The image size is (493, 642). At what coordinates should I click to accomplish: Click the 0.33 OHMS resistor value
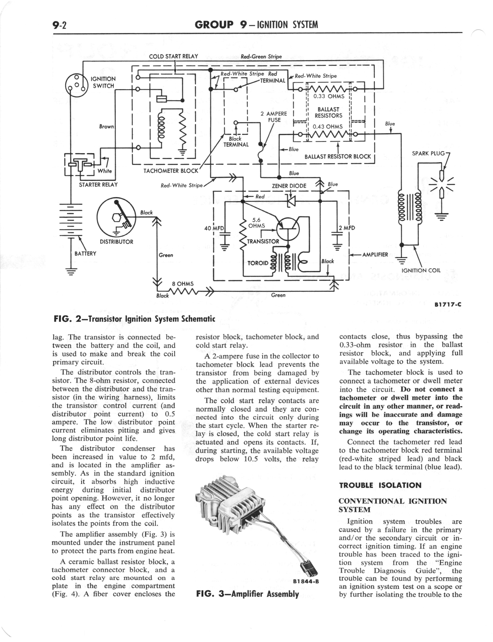click(329, 96)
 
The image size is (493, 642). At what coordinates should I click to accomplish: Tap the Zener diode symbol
click(291, 201)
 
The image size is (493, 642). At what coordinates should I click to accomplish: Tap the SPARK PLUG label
click(428, 153)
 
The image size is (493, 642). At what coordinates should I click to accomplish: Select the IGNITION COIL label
click(421, 270)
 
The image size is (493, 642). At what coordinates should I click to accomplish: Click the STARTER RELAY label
click(98, 185)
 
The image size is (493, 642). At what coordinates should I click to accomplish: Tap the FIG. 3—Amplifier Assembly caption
click(247, 594)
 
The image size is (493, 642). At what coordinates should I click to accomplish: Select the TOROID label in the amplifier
click(258, 263)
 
